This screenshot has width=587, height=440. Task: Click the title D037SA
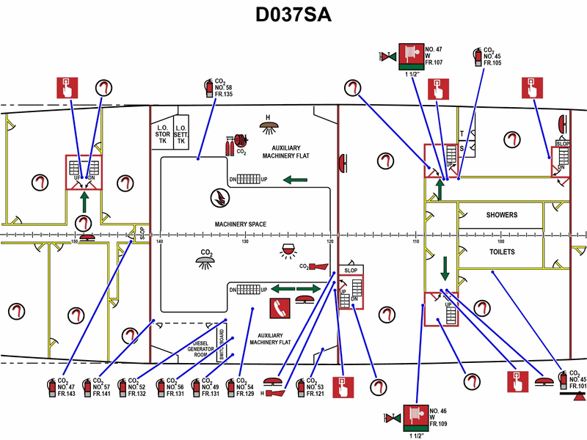pos(293,15)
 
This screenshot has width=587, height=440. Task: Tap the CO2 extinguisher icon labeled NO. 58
pos(207,88)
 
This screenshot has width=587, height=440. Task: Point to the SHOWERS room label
pos(502,216)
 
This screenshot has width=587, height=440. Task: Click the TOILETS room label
pos(502,252)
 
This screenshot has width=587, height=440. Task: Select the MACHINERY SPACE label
pos(240,224)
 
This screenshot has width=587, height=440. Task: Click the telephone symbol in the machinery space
pos(278,308)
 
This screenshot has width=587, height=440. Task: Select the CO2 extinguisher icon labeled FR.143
pos(51,387)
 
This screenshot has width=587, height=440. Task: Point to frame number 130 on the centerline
pos(245,241)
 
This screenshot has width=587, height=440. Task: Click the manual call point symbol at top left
pos(67,87)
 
